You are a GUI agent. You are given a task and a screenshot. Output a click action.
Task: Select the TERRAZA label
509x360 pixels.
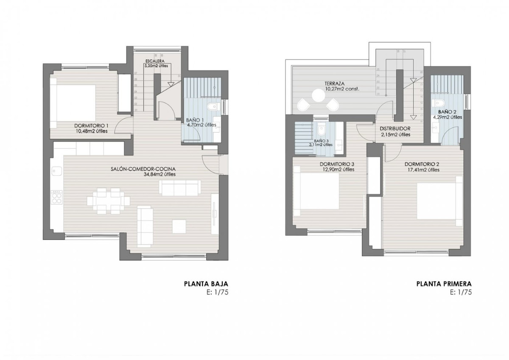[x=336, y=84]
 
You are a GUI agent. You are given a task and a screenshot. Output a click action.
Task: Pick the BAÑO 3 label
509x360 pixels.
[x=321, y=140]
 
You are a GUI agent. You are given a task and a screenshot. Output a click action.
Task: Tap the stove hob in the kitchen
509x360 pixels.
[x=56, y=197]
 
